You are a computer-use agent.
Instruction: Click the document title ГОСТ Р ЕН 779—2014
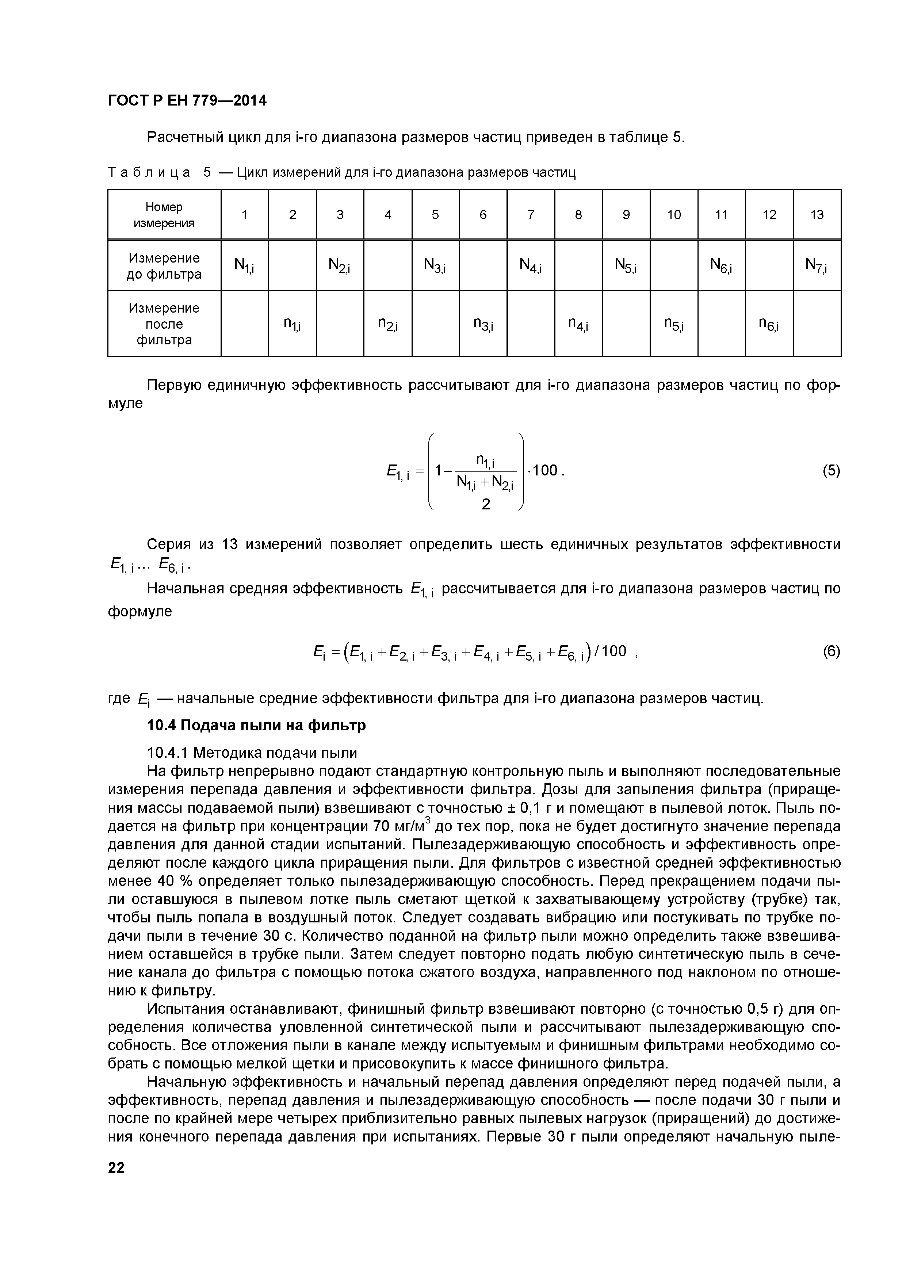187,101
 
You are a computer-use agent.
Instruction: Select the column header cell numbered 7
531,215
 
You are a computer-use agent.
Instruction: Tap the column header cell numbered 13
817,215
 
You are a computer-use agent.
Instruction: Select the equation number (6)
831,652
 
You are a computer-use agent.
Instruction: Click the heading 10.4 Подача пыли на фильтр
256,725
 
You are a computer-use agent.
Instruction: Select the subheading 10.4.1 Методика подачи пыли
252,753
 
